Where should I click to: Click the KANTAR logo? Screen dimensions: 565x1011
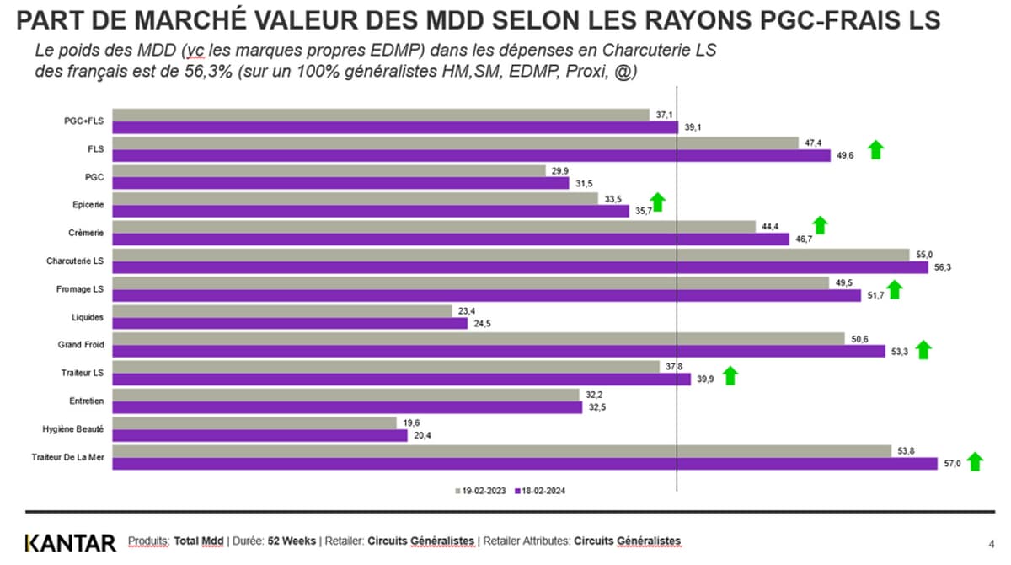coord(70,542)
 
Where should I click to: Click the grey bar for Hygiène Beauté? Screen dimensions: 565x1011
coord(254,422)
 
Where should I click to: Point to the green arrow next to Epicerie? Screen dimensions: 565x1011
coord(658,202)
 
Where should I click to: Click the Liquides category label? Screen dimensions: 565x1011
coord(88,317)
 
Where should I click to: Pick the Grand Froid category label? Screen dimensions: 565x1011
coord(82,345)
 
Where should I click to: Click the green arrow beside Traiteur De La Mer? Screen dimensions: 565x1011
coord(975,461)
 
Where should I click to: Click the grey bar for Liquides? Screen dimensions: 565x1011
coord(281,311)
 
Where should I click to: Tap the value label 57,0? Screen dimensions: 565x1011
coord(951,464)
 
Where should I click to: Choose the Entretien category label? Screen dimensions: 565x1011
coord(87,401)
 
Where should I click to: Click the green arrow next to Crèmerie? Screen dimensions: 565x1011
coord(820,224)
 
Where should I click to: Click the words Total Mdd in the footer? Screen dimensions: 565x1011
coord(198,541)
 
